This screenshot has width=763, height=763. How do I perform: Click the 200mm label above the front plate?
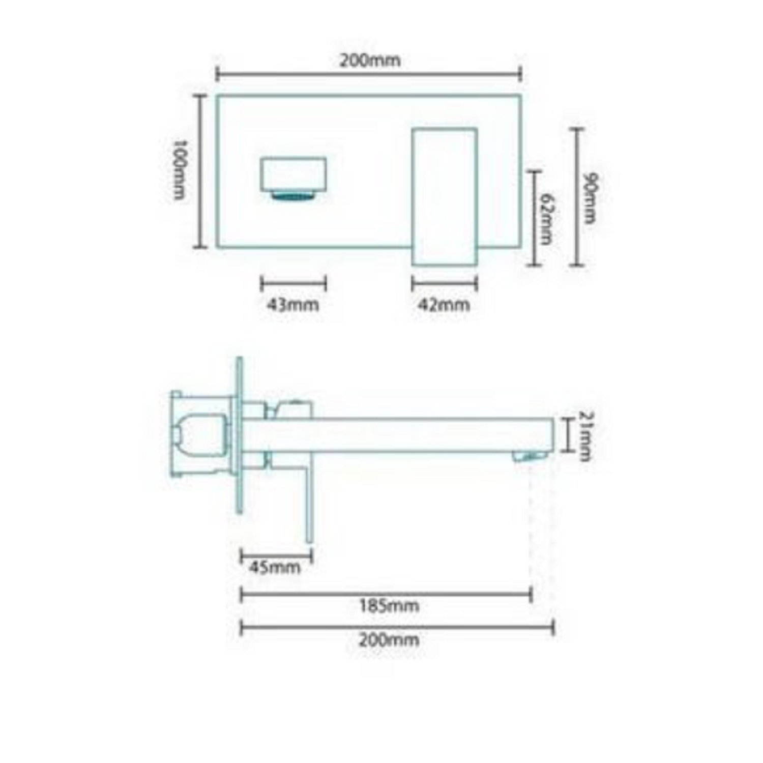click(370, 60)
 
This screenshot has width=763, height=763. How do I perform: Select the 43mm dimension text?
click(293, 305)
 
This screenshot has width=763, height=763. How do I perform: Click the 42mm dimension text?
click(444, 305)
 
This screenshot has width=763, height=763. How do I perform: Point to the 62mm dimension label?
click(547, 219)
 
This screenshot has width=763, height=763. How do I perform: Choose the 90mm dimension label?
click(590, 198)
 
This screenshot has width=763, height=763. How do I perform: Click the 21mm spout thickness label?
click(585, 436)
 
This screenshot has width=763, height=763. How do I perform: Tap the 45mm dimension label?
click(275, 567)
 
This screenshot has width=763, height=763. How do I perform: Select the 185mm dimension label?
click(389, 605)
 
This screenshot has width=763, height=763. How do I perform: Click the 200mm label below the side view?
click(389, 639)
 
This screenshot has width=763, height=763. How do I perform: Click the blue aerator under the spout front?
click(293, 196)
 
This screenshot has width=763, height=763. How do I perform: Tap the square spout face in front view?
click(293, 174)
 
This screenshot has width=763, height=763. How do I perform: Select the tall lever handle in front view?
click(444, 196)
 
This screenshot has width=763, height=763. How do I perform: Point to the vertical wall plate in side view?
click(239, 435)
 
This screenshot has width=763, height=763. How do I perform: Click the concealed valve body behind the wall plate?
click(201, 435)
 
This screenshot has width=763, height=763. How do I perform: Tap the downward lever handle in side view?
click(308, 504)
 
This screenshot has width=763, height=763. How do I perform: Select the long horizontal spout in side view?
click(407, 435)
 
